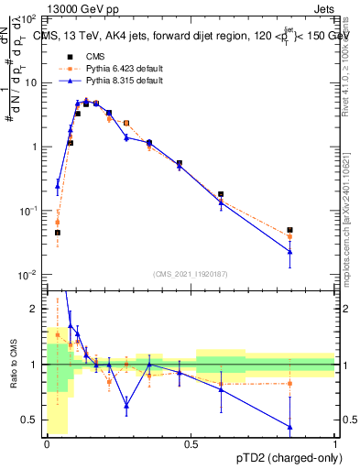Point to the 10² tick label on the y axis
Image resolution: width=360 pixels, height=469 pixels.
(28, 19)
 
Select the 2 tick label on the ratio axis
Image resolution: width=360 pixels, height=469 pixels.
(35, 309)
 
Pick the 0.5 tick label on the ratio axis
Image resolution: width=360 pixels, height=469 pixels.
(31, 420)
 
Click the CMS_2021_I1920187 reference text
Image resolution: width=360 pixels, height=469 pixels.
(191, 274)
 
